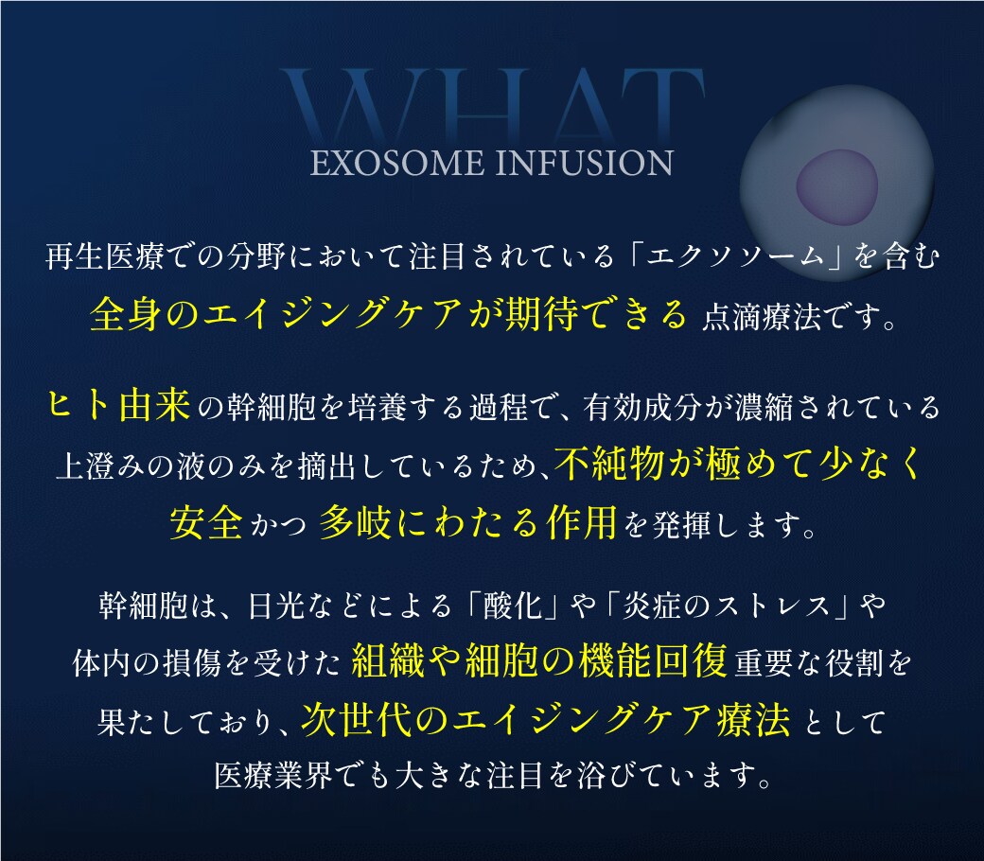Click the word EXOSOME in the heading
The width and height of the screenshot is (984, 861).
click(x=397, y=163)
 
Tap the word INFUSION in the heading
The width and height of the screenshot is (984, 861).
click(x=585, y=163)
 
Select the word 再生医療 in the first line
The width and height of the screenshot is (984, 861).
click(x=105, y=256)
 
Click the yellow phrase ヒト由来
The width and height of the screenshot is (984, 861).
click(x=119, y=405)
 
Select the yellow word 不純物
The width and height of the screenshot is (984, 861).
click(x=609, y=464)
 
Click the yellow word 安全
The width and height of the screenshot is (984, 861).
click(x=206, y=522)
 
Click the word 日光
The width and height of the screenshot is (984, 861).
click(x=277, y=606)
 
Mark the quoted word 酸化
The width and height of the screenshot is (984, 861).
click(x=513, y=606)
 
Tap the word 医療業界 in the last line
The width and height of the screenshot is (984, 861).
click(x=273, y=776)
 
